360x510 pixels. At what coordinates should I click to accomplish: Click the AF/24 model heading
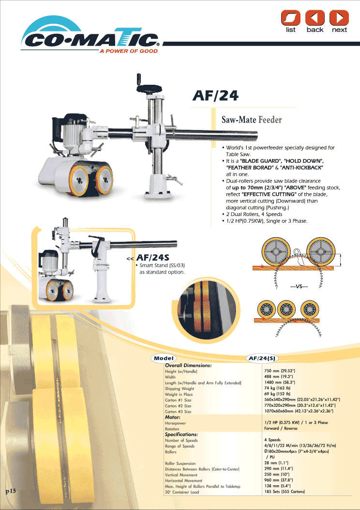pyautogui.click(x=215, y=95)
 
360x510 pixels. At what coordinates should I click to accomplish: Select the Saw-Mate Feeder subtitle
pyautogui.click(x=252, y=120)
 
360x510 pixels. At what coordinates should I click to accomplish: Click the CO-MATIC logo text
pyautogui.click(x=90, y=41)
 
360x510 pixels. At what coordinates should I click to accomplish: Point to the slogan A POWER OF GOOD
pyautogui.click(x=129, y=51)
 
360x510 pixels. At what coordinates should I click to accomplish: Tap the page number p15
pyautogui.click(x=10, y=491)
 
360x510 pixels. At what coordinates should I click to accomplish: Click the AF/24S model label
pyautogui.click(x=152, y=258)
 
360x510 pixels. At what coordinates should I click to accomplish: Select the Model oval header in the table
pyautogui.click(x=164, y=358)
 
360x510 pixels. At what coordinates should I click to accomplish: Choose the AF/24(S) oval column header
pyautogui.click(x=262, y=358)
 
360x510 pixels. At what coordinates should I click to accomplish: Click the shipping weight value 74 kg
pyautogui.click(x=277, y=388)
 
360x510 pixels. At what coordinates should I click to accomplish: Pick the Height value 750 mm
pyautogui.click(x=279, y=371)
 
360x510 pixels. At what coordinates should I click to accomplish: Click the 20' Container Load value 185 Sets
pyautogui.click(x=285, y=492)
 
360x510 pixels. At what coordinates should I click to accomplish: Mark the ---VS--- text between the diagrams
pyautogui.click(x=299, y=287)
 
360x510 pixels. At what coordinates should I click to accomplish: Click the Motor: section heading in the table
pyautogui.click(x=173, y=417)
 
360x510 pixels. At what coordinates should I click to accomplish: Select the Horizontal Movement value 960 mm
pyautogui.click(x=279, y=480)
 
